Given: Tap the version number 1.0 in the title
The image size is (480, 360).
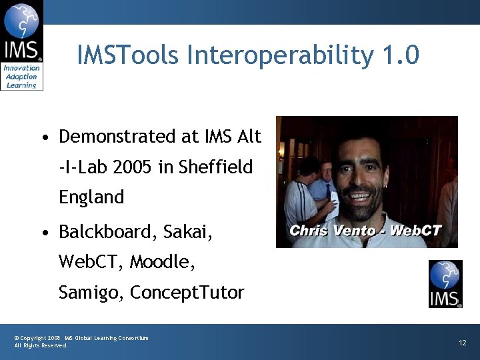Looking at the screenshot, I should coord(401,55).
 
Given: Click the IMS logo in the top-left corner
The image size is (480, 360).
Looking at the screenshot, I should coord(21,45).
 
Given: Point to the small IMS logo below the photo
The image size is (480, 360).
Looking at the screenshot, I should coord(445,284).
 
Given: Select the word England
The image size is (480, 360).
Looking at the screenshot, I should coord(91,198).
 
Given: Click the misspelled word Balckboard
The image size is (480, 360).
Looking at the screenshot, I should coord(106,232).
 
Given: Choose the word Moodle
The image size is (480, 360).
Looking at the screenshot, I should coord(162,263).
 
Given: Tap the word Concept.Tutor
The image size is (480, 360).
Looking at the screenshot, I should coord(187,293).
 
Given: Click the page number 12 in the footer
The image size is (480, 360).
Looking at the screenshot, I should coord(462,343).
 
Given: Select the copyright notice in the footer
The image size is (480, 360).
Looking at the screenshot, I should coord(81,341).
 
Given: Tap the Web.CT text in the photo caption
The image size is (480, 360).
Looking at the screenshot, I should coord(415,231).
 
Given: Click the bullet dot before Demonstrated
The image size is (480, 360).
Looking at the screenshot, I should coord(43,138).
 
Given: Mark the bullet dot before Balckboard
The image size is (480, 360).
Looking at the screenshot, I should coord(43,233).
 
